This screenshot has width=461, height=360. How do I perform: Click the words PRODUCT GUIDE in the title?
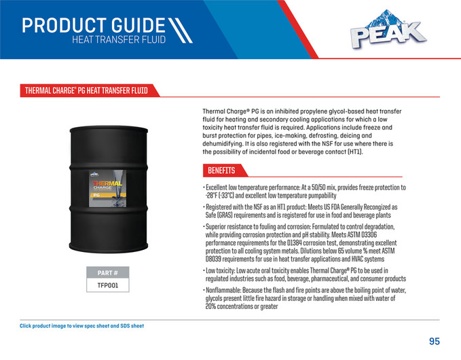click(x=93, y=26)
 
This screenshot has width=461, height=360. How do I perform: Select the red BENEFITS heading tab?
click(x=221, y=170)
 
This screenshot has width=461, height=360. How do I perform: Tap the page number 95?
click(x=435, y=341)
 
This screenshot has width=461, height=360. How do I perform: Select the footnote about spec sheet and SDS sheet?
click(x=81, y=326)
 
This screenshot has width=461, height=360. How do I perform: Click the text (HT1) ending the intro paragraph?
click(x=354, y=152)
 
